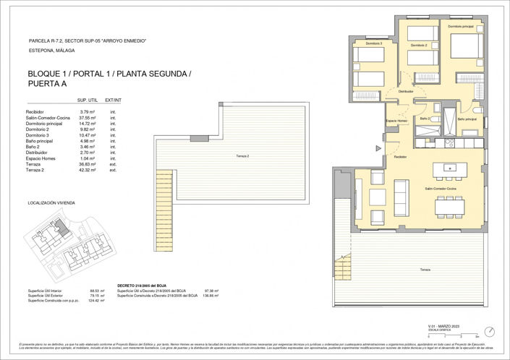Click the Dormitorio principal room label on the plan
[460, 27]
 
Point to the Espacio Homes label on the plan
[396, 121]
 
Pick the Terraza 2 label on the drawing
[244, 156]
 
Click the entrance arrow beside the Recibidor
[377, 148]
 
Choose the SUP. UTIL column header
[88, 100]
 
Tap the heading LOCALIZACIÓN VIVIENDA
[51, 204]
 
